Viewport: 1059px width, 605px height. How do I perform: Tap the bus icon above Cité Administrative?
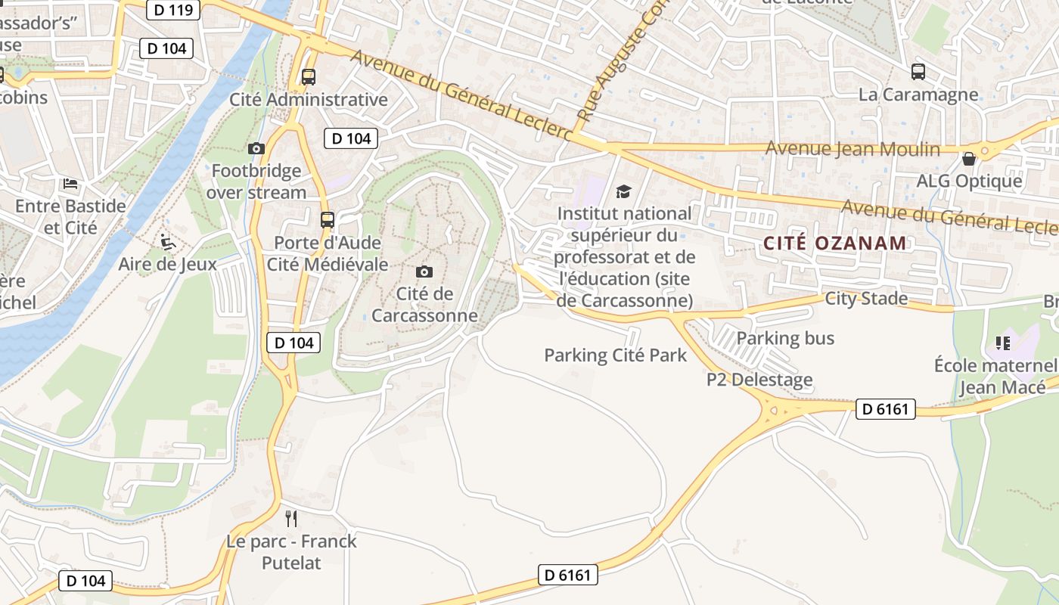click(308, 76)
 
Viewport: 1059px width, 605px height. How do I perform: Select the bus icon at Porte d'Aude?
click(327, 220)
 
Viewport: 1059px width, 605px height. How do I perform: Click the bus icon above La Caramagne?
click(918, 72)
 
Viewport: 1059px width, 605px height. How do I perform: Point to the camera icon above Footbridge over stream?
click(256, 148)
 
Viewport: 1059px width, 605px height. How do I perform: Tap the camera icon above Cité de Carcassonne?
click(424, 271)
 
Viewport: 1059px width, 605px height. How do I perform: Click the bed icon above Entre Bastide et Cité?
click(70, 183)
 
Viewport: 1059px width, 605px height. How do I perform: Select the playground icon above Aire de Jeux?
click(168, 242)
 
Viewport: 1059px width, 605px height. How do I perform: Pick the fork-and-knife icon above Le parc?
click(290, 518)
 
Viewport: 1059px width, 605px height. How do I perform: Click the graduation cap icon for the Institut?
click(623, 191)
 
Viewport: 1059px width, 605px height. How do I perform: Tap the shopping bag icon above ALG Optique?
click(968, 159)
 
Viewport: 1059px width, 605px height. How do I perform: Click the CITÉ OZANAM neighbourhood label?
click(834, 244)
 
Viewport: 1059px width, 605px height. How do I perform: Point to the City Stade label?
click(866, 299)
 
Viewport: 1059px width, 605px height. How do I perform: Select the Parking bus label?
click(785, 338)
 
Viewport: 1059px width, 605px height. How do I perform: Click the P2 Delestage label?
click(759, 380)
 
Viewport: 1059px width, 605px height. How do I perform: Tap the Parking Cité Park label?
click(615, 355)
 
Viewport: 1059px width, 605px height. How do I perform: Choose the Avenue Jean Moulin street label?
click(852, 149)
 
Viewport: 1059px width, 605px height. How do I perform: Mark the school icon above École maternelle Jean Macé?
click(1003, 343)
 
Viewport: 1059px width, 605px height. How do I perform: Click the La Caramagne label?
click(918, 95)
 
